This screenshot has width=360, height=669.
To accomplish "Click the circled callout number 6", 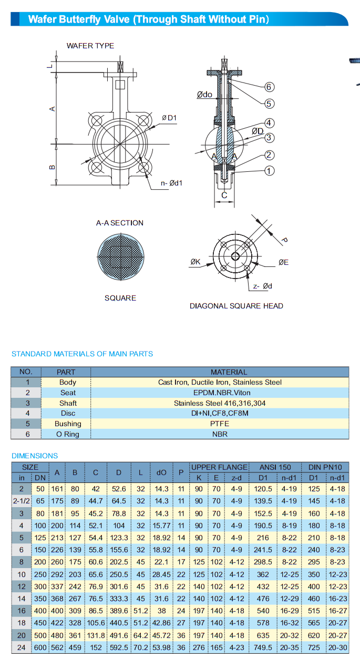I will pos(269,87).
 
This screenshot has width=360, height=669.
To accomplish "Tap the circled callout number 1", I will pos(269,171).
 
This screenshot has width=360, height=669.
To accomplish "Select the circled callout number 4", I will pos(269,123).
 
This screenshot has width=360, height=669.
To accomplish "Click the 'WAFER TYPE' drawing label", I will pos(90,46).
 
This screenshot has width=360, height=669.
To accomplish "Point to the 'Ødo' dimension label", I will pos(204,95).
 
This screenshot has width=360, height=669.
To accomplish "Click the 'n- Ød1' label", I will pos(171,183).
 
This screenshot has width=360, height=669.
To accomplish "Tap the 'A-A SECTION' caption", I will pos(119,223).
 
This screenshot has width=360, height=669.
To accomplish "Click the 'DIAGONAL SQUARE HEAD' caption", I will pos(236,306).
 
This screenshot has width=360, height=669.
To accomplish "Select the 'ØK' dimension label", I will pos(195,262).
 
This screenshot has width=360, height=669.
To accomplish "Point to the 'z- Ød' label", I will pos(262,286).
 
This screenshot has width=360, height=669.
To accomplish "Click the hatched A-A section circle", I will pos(120,257).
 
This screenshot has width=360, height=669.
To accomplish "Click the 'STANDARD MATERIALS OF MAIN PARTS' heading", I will pos(83,354).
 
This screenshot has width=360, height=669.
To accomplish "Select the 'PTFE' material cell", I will pos(220,424).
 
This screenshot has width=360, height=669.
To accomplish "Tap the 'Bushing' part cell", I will pos(68,424).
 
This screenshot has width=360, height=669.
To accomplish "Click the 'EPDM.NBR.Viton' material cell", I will pos(220,393).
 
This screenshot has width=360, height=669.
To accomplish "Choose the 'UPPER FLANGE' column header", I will pos(219,467).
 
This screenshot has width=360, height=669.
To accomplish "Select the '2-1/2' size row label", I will pos(22,501).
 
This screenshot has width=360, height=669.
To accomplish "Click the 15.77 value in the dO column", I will pos(161,526).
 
